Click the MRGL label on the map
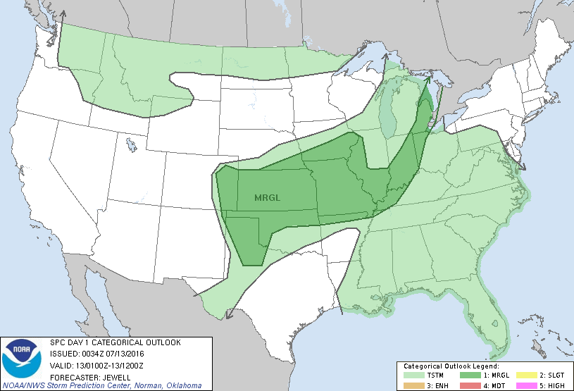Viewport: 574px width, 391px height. [x=267, y=198]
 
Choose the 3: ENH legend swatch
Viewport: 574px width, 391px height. [x=413, y=385]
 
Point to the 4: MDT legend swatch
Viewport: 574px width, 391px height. [x=470, y=385]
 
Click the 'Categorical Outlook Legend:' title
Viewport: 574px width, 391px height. [x=451, y=367]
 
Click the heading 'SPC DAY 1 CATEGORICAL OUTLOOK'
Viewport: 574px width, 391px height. [x=115, y=342]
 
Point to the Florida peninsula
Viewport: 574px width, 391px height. [x=493, y=324]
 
